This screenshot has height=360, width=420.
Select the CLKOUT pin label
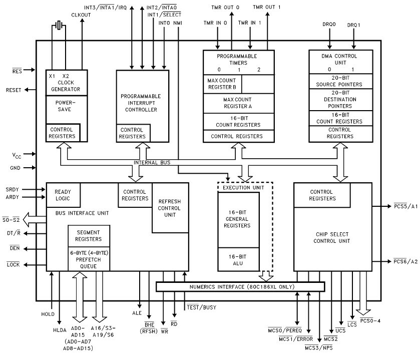[x=81, y=16]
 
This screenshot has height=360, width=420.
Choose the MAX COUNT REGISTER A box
[x=238, y=103]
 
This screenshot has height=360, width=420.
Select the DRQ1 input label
[x=354, y=23]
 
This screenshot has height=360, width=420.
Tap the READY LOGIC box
[x=63, y=195]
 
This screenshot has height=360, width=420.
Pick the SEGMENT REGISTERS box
[x=89, y=235]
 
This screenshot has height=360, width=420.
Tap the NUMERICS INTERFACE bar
[x=240, y=287]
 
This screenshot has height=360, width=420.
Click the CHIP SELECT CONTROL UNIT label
[x=332, y=238]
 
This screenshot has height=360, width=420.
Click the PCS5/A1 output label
[x=405, y=206]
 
